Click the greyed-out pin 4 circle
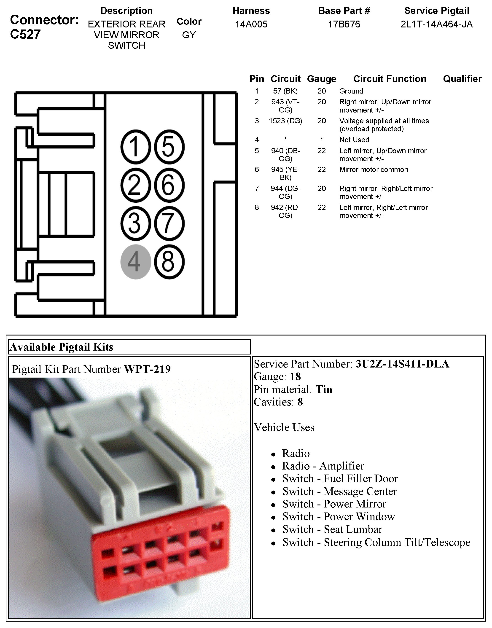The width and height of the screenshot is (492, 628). (x=135, y=262)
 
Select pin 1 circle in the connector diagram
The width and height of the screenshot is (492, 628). (x=135, y=147)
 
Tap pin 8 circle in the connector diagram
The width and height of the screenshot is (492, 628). (x=169, y=262)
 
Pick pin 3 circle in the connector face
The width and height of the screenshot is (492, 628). (x=135, y=223)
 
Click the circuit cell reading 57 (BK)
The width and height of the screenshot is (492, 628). (x=285, y=91)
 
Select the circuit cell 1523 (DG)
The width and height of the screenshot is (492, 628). (x=285, y=121)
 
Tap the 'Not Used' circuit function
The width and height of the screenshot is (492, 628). (x=354, y=140)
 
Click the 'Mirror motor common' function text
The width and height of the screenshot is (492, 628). (x=374, y=170)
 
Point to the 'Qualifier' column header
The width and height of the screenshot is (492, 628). (x=462, y=79)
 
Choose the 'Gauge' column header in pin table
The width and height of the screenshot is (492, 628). (x=321, y=79)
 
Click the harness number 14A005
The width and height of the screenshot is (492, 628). (x=251, y=24)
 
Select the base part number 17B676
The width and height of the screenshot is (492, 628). (x=344, y=24)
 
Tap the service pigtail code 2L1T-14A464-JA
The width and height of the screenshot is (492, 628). (x=436, y=24)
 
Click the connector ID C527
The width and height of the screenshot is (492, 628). (x=25, y=34)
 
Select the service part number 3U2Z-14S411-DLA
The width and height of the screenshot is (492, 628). (x=402, y=364)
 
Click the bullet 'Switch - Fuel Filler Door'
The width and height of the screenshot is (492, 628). (x=340, y=479)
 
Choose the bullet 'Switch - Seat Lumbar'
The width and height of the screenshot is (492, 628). (x=332, y=529)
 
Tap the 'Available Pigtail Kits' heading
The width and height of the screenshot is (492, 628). (x=61, y=347)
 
